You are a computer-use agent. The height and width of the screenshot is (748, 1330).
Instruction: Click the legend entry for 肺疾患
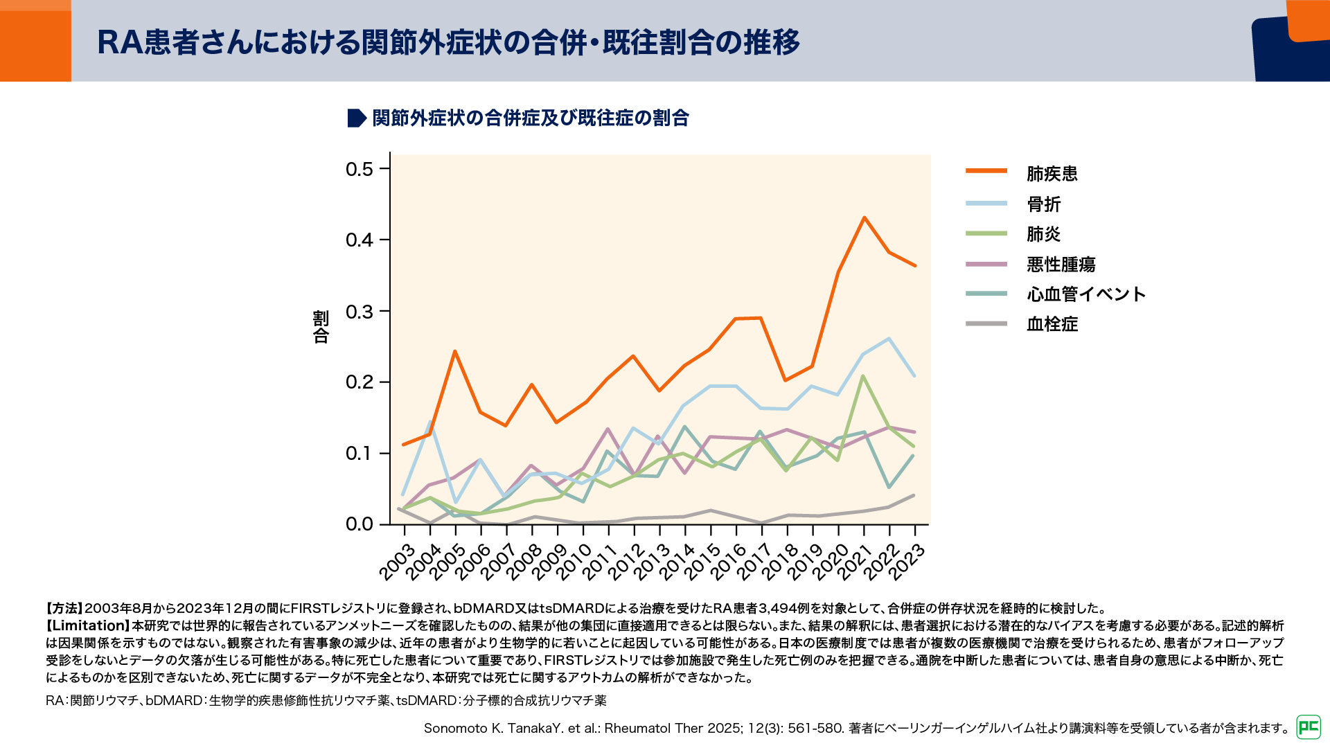pos(1052,173)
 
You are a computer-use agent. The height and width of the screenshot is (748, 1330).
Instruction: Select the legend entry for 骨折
pos(1043,204)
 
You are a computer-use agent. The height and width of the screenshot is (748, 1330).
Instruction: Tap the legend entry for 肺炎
pos(1043,234)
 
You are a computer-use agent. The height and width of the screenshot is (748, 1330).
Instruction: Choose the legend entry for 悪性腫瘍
pos(1061,264)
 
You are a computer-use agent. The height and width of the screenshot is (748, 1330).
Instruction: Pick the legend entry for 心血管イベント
pos(1085,294)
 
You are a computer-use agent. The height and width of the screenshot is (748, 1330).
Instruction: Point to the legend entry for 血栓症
pos(1052,324)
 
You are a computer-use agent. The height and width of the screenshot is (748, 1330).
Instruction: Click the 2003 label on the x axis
pos(397,562)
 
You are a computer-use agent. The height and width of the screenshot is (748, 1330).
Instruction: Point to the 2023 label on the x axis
pos(907,562)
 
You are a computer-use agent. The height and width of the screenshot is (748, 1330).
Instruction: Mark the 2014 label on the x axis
pos(677,562)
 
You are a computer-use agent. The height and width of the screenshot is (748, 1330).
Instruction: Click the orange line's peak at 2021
pos(864,217)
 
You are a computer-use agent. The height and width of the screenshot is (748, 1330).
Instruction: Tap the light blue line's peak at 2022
pos(889,339)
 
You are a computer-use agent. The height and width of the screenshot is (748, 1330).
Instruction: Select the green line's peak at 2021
pos(863,376)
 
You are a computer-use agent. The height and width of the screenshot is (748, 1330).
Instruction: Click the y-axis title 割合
pos(321,327)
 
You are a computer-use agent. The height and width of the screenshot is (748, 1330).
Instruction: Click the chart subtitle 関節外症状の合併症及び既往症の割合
pos(530,118)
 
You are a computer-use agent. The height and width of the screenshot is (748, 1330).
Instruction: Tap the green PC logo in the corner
pos(1309,727)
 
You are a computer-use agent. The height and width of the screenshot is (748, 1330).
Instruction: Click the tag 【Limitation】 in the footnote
pos(89,625)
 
